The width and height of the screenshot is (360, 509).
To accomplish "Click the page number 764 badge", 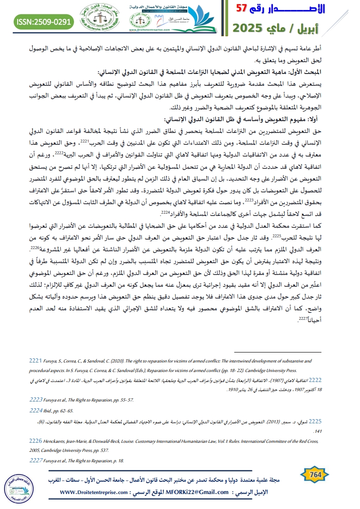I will coord(315,475).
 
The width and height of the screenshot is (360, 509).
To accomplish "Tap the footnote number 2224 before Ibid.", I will coord(35,410).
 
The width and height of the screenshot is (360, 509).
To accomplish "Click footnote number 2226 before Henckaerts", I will coord(35,441).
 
